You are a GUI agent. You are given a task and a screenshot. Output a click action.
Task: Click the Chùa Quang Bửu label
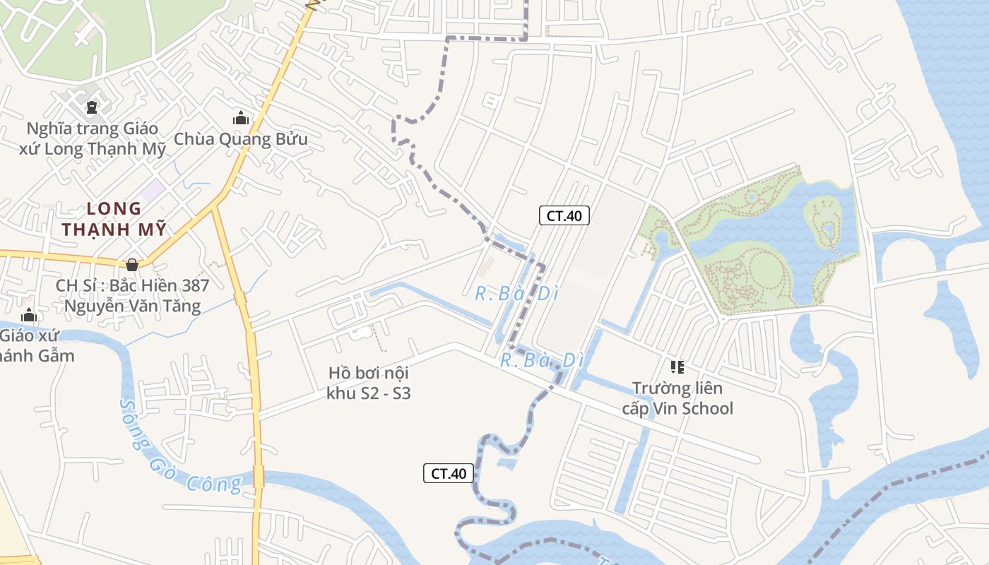(241, 139)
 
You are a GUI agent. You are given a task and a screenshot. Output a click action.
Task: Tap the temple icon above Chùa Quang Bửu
(241, 118)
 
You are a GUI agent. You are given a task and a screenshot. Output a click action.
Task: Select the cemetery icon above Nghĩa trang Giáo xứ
(91, 107)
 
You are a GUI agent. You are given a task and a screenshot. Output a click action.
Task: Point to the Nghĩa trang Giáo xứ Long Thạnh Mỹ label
(93, 139)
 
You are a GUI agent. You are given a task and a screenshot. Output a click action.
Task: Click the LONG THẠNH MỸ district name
(114, 219)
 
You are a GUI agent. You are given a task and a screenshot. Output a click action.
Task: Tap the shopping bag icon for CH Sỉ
(132, 265)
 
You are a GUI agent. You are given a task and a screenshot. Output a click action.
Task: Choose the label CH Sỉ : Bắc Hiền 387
(133, 285)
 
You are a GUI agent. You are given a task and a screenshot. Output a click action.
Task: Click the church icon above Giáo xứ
(29, 314)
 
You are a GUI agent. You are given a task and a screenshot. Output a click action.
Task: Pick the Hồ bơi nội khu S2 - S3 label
(369, 383)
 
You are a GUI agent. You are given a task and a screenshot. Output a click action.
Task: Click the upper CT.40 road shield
(564, 216)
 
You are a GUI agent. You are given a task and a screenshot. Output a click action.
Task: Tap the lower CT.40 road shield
(449, 473)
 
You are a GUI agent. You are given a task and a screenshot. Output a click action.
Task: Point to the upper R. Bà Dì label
(516, 294)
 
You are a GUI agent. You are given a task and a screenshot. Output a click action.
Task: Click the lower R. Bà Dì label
(542, 361)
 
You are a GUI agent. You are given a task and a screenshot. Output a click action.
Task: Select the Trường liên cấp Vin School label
(677, 398)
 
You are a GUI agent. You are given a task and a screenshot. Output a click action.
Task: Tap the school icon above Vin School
(677, 367)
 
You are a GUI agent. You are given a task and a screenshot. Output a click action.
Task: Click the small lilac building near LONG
(153, 189)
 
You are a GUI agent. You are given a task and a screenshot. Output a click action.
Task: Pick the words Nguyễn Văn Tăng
(133, 307)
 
